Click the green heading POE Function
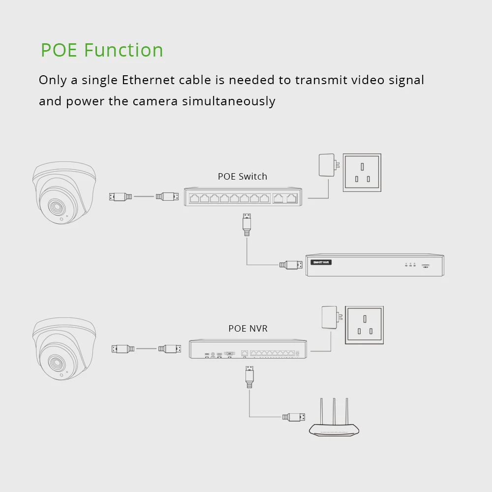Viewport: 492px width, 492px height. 102,50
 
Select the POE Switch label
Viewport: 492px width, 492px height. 243,176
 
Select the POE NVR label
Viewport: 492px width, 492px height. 248,328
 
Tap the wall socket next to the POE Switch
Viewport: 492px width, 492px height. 362,172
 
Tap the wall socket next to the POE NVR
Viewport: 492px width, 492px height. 365,325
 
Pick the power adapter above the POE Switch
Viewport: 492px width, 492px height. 327,165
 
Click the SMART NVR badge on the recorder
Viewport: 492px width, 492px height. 321,262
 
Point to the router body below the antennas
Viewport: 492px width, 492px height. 334,430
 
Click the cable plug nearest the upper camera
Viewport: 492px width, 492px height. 121,197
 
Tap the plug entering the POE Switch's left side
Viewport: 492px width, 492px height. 167,197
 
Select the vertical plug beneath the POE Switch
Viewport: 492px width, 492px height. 247,224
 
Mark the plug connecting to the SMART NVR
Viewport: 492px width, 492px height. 291,265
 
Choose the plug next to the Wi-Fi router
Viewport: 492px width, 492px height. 294,417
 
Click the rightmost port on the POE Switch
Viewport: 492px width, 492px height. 291,199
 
